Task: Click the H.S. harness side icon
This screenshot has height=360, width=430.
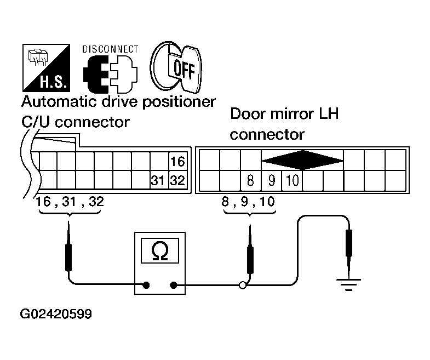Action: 46,68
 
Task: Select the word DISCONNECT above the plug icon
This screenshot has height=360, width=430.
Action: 110,49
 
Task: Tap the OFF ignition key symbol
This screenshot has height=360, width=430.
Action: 176,67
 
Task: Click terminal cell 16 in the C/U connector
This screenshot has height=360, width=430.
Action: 178,161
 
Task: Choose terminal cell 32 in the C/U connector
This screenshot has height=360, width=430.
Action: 178,180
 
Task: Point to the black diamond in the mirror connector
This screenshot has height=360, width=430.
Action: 302,160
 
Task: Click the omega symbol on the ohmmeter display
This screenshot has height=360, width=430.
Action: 160,251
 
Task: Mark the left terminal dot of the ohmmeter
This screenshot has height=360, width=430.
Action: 146,285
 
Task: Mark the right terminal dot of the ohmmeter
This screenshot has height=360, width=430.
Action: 173,285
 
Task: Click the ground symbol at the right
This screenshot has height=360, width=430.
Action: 348,284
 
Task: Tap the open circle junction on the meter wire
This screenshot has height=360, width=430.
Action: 243,285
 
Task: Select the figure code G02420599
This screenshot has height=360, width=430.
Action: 56,314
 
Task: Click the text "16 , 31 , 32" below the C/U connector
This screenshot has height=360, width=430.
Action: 70,202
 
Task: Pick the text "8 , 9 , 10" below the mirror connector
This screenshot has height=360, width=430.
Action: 248,202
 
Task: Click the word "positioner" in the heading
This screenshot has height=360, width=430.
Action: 179,102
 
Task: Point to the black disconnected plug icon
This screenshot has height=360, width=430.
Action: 96,74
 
